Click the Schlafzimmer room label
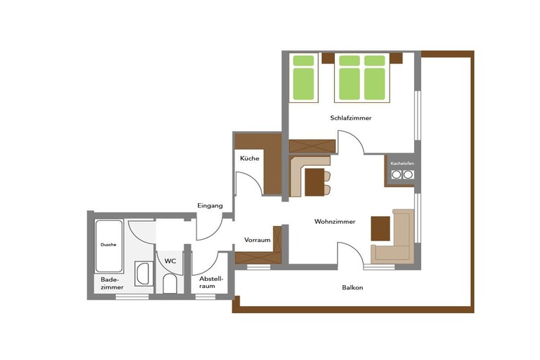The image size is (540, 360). tap(351, 118)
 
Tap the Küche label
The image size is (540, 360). tap(250, 158)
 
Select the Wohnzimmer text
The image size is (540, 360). tap(335, 222)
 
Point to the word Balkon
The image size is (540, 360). tap(353, 287)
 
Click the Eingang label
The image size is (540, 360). tap(210, 206)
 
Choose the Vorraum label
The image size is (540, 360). tap(257, 240)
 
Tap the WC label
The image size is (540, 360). tap(170, 261)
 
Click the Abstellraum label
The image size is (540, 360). tap(212, 282)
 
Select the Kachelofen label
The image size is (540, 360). tap(402, 163)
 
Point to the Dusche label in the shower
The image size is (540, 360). tap(109, 245)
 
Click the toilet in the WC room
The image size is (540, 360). tap(169, 284)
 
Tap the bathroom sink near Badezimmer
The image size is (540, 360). tap(143, 274)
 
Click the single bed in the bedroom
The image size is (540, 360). tap(303, 78)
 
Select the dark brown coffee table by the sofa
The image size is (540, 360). tap(381, 228)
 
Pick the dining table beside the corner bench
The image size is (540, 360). tap(315, 182)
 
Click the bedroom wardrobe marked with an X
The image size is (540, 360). tap(312, 146)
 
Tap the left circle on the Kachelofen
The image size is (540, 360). tap(397, 175)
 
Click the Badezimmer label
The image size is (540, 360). tap(112, 283)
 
